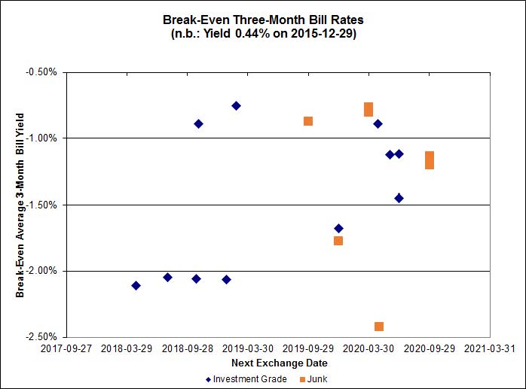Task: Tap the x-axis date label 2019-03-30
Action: coord(249,349)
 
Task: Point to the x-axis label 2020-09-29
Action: coord(429,349)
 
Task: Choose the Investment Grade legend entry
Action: coord(246,379)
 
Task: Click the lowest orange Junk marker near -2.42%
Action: coord(379,327)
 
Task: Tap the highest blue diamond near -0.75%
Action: coord(236,106)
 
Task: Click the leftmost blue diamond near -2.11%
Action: coord(136,285)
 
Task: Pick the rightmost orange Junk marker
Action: coord(430,160)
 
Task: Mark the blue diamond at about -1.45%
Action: coord(399,199)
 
